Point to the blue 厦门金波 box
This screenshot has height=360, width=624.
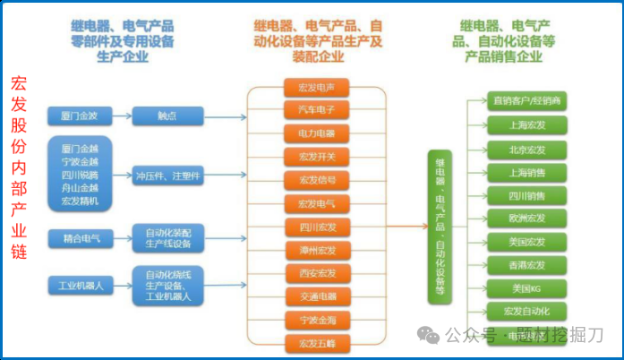81,116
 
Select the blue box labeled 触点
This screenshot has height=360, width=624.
166,116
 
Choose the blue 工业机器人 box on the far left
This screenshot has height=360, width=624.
81,286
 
